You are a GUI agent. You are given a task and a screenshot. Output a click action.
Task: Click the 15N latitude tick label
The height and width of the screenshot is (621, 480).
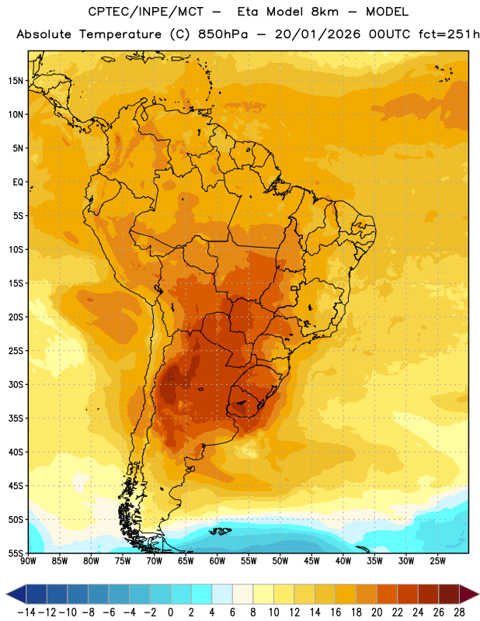tap(16, 81)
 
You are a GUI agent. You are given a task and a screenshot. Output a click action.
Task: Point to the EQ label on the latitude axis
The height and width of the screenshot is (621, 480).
tap(18, 182)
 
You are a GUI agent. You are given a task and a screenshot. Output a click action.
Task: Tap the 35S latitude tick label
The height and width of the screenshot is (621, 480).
tap(16, 418)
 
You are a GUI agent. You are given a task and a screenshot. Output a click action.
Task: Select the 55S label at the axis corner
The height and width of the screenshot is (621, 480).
tap(16, 553)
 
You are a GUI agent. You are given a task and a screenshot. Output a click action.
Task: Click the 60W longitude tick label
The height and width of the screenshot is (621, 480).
tap(217, 561)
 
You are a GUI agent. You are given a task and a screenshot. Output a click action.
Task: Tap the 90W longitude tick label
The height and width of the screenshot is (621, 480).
tap(28, 561)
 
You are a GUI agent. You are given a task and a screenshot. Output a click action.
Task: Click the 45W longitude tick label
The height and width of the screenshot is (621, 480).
tap(311, 561)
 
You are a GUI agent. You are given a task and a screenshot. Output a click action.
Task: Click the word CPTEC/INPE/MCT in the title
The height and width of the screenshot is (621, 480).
tap(145, 12)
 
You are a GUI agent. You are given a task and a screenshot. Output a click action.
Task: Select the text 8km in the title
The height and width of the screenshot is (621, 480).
tap(325, 12)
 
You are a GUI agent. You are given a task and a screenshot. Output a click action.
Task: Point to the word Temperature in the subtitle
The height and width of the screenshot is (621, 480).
tap(120, 34)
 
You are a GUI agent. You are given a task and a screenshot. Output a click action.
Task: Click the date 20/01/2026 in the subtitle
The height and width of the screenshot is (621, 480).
tap(318, 34)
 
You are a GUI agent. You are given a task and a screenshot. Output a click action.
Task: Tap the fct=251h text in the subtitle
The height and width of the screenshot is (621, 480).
tap(449, 34)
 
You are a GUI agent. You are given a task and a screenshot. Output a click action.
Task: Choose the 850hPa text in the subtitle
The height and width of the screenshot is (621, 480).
tap(223, 34)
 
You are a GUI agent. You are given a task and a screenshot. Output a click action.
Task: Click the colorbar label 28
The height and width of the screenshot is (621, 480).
tap(459, 612)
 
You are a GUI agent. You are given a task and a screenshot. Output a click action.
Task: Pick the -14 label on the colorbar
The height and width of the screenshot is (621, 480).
tap(27, 612)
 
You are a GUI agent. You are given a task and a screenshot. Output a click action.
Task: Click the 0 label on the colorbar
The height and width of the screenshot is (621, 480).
tap(170, 612)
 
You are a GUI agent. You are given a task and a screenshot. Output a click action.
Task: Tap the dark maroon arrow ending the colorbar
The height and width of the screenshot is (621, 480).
tap(469, 594)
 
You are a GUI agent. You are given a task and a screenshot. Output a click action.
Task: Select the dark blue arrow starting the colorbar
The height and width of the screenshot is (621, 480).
tap(16, 594)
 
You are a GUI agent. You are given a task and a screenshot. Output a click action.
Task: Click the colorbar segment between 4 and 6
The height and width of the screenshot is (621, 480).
tap(222, 594)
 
